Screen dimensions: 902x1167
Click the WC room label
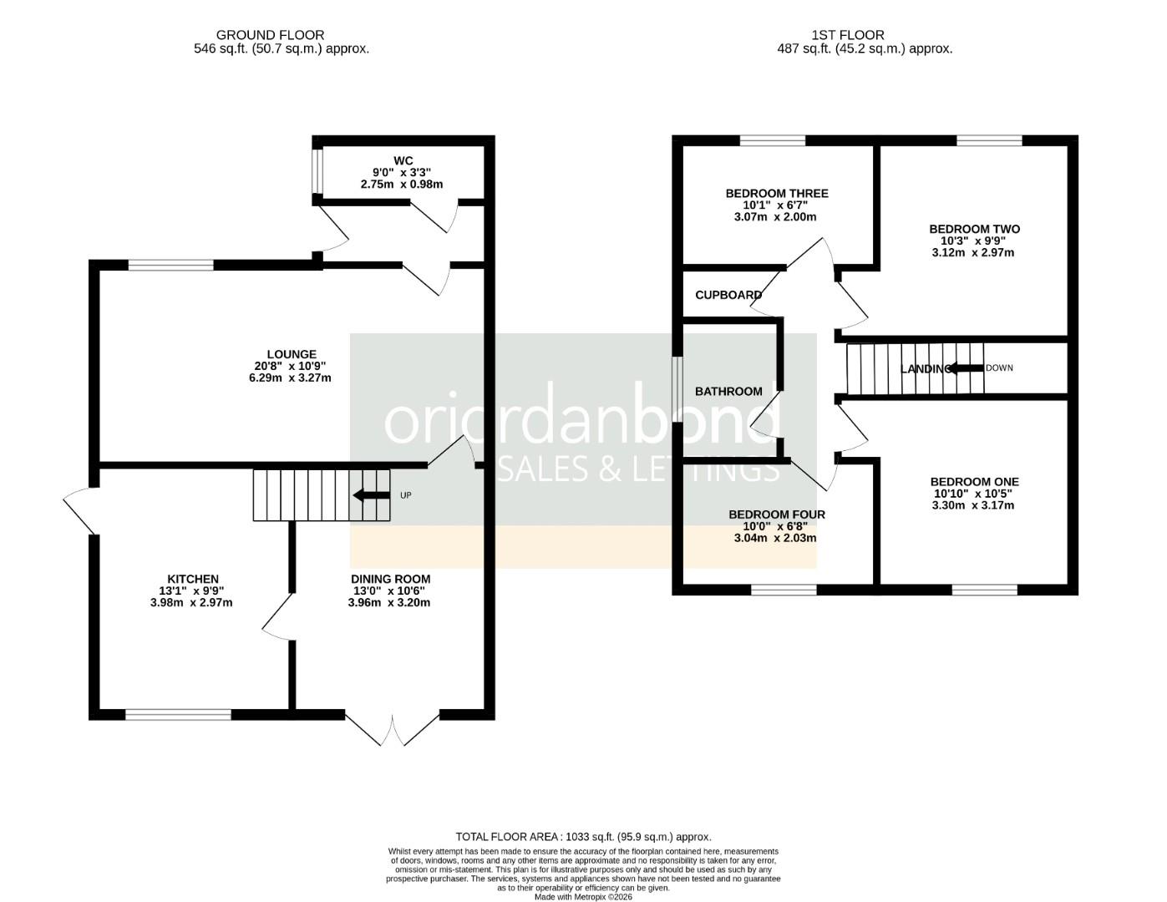(x=404, y=160)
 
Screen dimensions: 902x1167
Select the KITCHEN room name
(x=193, y=579)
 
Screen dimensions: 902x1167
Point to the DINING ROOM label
(x=390, y=579)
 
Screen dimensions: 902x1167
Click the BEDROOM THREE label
(x=777, y=194)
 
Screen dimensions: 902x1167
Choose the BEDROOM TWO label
(x=974, y=229)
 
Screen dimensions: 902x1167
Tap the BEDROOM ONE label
(x=974, y=482)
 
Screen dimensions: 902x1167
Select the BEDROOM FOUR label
(x=777, y=514)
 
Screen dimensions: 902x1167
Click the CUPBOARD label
(x=728, y=295)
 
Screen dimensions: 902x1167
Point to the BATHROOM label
(x=728, y=391)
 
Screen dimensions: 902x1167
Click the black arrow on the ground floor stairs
(x=371, y=495)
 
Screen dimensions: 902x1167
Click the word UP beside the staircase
(x=406, y=496)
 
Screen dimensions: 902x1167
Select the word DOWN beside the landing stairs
(x=999, y=368)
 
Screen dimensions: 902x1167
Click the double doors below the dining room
(x=392, y=728)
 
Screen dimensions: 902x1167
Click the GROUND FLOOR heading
(x=270, y=35)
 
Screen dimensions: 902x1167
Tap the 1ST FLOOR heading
(x=847, y=35)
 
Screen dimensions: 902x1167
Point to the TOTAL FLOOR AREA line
(x=583, y=836)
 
